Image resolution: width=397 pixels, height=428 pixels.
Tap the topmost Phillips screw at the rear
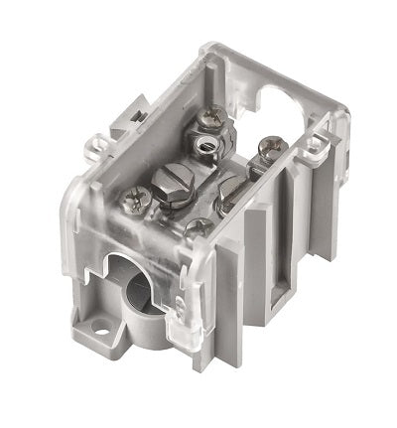[x=209, y=120]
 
